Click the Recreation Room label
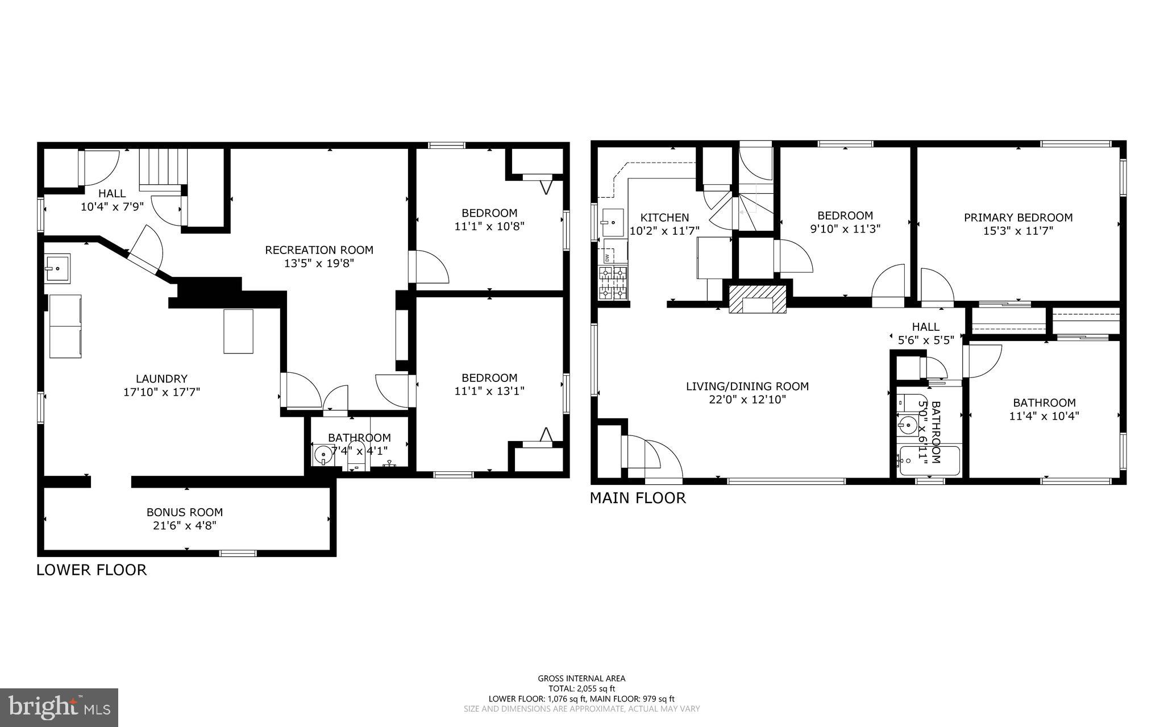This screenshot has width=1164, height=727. [319, 250]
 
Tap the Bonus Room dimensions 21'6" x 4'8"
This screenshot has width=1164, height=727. [185, 526]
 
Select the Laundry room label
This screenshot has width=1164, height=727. [161, 379]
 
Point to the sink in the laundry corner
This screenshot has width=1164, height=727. [57, 268]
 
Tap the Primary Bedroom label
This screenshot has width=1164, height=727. [1018, 217]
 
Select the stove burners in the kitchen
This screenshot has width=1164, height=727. [613, 283]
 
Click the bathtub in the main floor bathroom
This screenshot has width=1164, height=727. [929, 462]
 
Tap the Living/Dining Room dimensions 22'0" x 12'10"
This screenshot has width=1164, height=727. [747, 400]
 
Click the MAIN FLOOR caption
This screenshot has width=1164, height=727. [637, 498]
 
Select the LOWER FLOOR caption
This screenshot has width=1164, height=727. [92, 570]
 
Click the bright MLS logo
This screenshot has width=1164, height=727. [59, 707]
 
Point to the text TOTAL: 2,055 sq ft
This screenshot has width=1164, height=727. [581, 688]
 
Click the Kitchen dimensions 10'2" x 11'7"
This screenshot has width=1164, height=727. [664, 231]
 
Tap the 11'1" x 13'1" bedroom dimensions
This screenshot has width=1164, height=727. [489, 391]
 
